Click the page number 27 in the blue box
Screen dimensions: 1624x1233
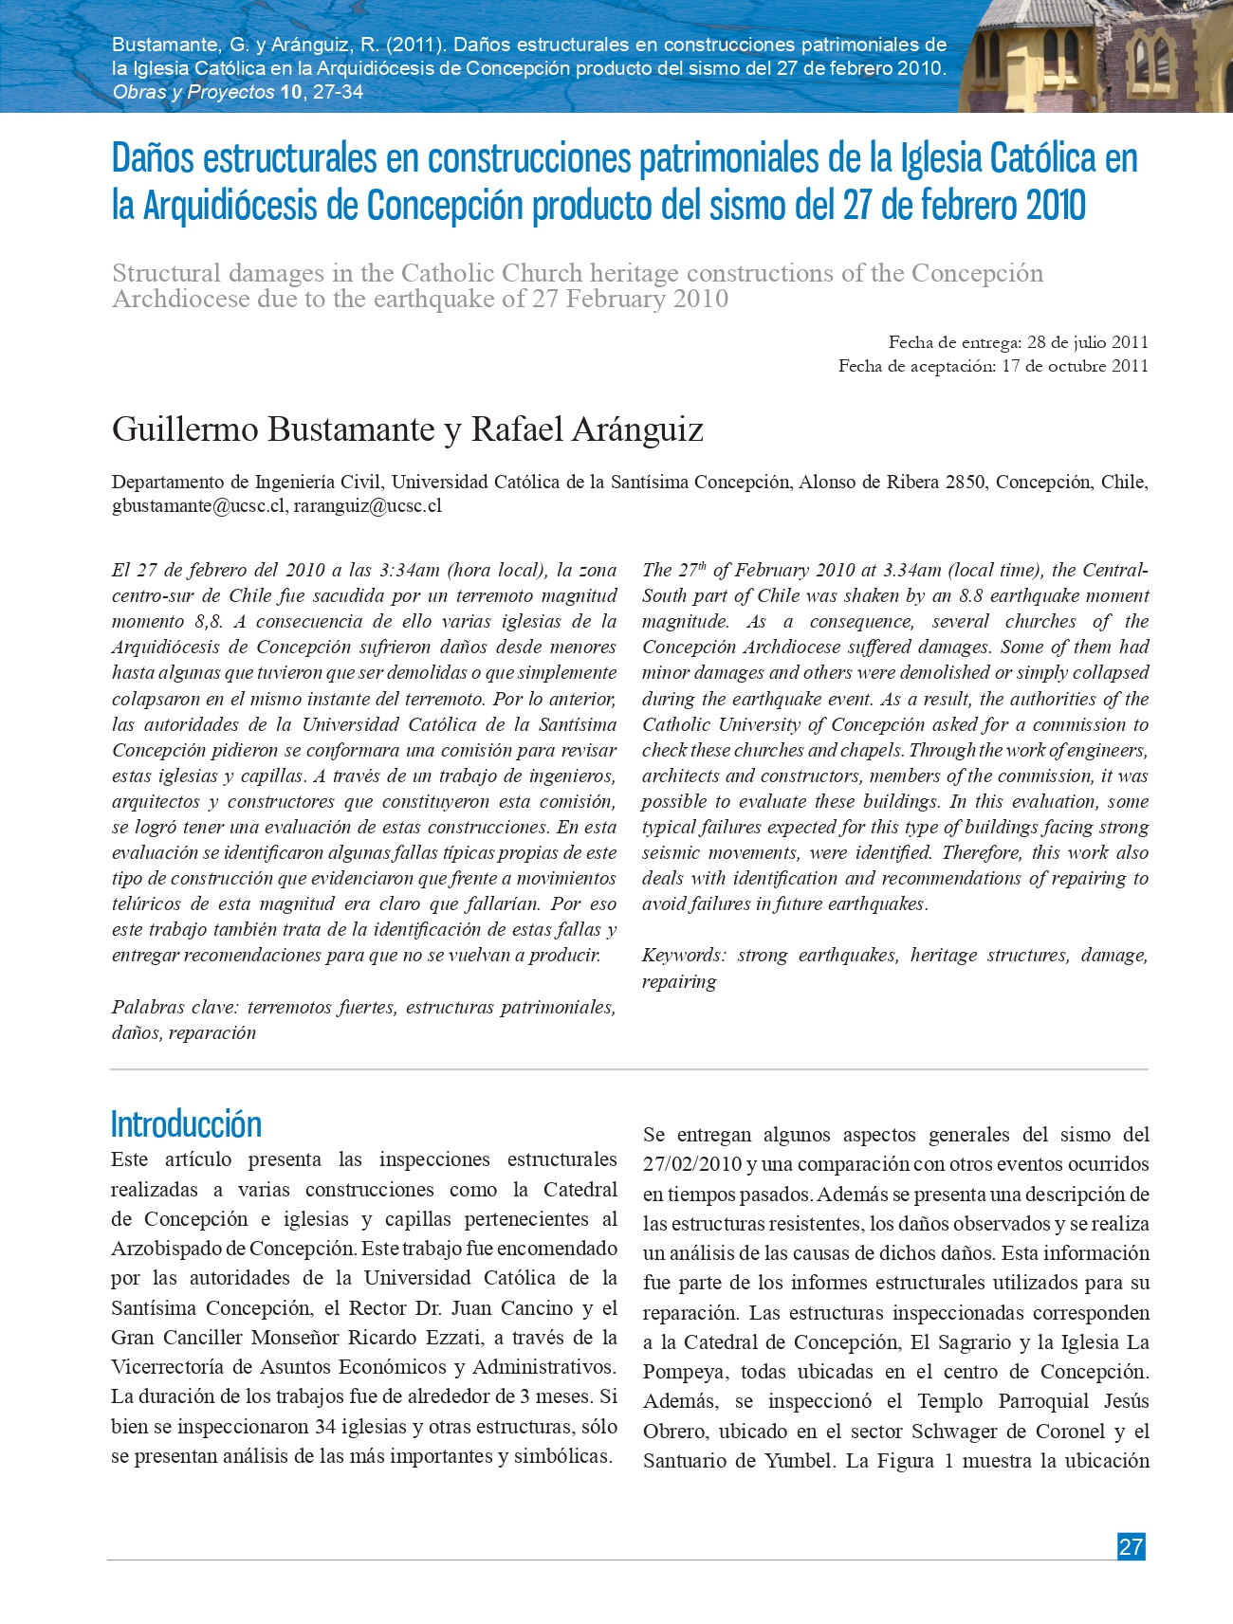click(x=1131, y=1546)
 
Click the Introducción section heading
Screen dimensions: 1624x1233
click(x=186, y=1124)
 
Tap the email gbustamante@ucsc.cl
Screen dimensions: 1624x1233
click(x=198, y=505)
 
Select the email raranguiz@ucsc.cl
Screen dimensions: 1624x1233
click(x=367, y=505)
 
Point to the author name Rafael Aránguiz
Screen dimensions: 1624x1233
click(x=587, y=429)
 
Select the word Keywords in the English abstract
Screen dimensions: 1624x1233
click(x=683, y=956)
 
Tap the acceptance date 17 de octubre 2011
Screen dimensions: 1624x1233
click(x=1075, y=366)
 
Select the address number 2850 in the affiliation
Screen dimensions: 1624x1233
click(x=965, y=482)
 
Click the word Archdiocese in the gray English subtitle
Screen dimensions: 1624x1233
click(x=180, y=300)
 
